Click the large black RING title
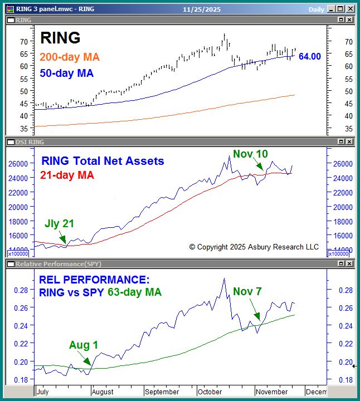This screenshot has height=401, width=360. coord(60,37)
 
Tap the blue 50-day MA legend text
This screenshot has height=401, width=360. coord(66,73)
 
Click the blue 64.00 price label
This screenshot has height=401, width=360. coord(310,56)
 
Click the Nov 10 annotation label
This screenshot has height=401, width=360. coord(251,154)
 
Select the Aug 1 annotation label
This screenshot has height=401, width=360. coord(84,345)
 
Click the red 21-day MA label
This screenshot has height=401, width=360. coord(67,175)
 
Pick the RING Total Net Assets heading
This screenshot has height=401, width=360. coord(103,161)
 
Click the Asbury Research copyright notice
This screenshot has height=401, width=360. coord(254,247)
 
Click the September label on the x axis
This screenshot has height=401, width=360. coord(162,392)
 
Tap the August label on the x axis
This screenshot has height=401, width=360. coord(102,392)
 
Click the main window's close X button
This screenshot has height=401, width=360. coord(349,8)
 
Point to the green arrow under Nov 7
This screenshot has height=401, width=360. coord(255,311)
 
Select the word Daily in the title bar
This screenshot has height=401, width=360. coord(317,9)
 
